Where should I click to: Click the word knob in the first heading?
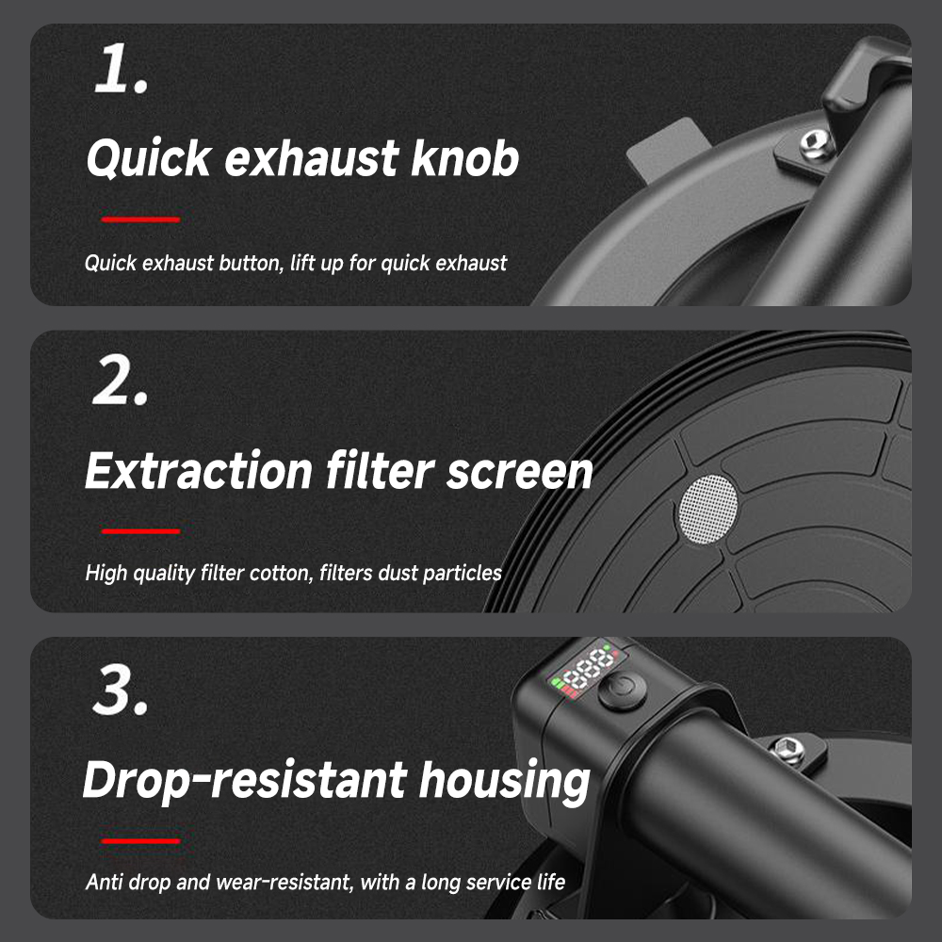(x=464, y=158)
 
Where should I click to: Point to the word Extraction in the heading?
(x=199, y=470)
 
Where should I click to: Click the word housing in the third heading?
(x=504, y=782)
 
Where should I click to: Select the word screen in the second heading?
(x=520, y=472)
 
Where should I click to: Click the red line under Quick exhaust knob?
(x=141, y=219)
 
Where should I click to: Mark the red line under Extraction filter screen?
(x=141, y=531)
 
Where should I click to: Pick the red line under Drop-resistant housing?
(x=141, y=841)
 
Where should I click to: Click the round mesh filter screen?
(x=707, y=510)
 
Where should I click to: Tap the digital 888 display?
(x=590, y=668)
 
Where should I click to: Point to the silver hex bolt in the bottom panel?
(x=788, y=750)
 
